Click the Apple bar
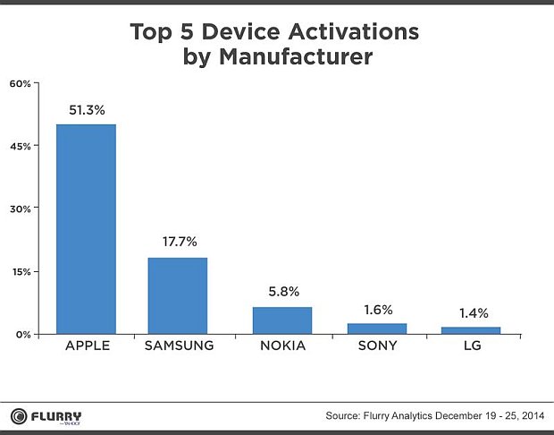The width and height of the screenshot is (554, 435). coord(86,228)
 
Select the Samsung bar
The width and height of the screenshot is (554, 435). coord(177,295)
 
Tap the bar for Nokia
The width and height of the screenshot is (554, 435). coord(281,320)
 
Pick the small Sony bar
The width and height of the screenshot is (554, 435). coord(376,328)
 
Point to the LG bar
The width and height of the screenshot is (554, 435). coord(470,330)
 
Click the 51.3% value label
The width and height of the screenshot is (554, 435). coord(86,110)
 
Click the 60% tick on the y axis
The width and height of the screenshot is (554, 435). coord(21,83)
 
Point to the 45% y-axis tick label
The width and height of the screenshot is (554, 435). coord(21,146)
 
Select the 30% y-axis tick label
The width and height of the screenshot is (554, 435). coord(21,209)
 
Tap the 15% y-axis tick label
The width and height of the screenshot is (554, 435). coord(21,271)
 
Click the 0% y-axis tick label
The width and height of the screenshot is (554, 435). coord(23,334)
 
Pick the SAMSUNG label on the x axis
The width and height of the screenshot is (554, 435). coord(177,345)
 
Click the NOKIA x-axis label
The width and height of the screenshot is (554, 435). coord(281,345)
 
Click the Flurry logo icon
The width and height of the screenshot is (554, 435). coord(17,415)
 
